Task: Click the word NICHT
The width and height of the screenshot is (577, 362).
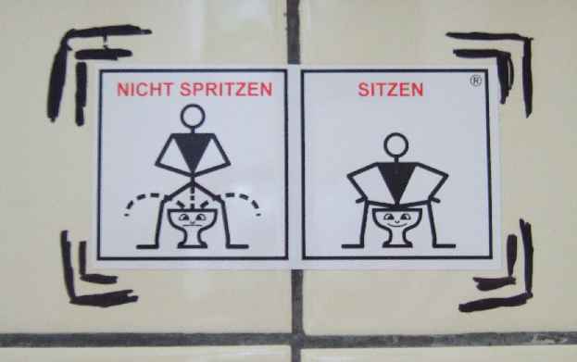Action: (144, 90)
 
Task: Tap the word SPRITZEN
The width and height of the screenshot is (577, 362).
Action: (226, 90)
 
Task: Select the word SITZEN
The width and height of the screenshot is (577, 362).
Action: (391, 90)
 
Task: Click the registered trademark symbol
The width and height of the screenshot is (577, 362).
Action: (475, 81)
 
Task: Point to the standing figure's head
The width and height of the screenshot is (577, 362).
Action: (193, 117)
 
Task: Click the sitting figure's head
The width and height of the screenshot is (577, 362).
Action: (396, 145)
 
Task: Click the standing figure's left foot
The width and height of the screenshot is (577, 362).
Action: (147, 246)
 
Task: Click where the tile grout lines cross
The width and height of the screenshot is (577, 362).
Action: (296, 340)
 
